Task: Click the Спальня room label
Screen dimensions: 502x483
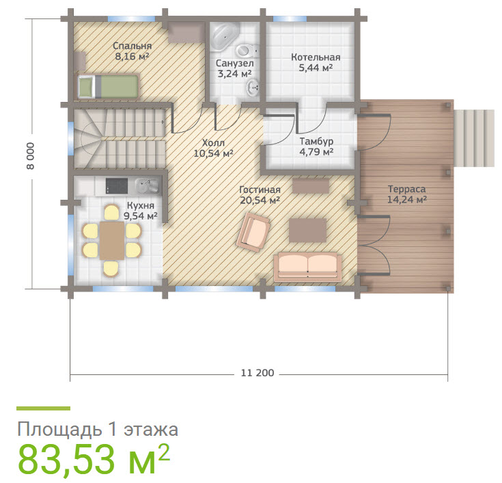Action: tap(132, 46)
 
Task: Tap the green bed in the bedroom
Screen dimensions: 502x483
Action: tap(108, 86)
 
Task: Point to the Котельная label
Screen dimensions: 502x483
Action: tap(316, 57)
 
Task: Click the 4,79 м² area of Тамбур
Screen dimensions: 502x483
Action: tap(316, 151)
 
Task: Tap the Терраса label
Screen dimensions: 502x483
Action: tap(406, 189)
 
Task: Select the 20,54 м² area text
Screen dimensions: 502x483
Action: tap(260, 200)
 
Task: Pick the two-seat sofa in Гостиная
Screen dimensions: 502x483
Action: tap(307, 267)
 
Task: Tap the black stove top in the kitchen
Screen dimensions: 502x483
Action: tap(117, 186)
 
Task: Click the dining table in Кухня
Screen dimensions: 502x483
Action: tap(112, 241)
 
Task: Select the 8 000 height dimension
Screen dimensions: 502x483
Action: tap(30, 156)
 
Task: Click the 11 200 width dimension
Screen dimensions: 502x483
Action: tap(257, 373)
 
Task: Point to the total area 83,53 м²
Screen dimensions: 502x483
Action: tap(94, 459)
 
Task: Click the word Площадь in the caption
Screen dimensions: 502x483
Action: tap(60, 430)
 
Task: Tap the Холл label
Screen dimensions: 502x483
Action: tap(213, 143)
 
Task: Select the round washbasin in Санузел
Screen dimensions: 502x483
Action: tap(253, 88)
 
